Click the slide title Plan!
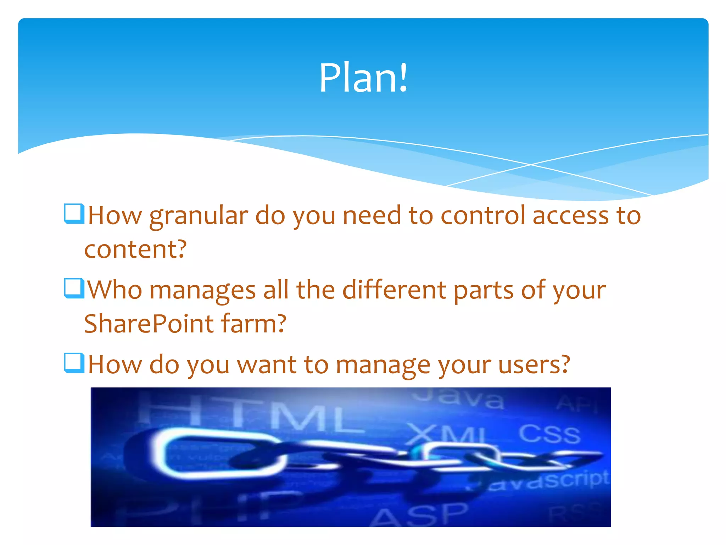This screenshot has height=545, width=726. pos(363,78)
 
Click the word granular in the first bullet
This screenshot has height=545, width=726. pos(199,216)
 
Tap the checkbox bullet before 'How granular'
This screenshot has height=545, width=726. pos(74,214)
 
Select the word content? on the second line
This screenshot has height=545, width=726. pos(135,249)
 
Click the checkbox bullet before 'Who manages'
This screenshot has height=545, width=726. pos(74,288)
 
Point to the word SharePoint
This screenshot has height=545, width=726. pos(149,324)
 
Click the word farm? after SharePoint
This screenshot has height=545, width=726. pos(253,324)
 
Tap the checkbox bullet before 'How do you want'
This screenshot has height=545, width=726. pos(74,363)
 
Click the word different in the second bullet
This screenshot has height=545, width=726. pos(394,290)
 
